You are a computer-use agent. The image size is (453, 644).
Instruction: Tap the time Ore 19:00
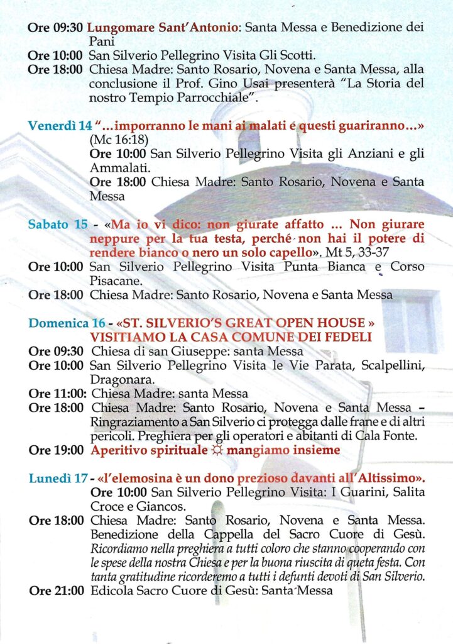56,450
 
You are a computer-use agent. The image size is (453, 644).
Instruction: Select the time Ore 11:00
57,394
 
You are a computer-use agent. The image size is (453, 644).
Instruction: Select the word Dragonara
119,380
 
